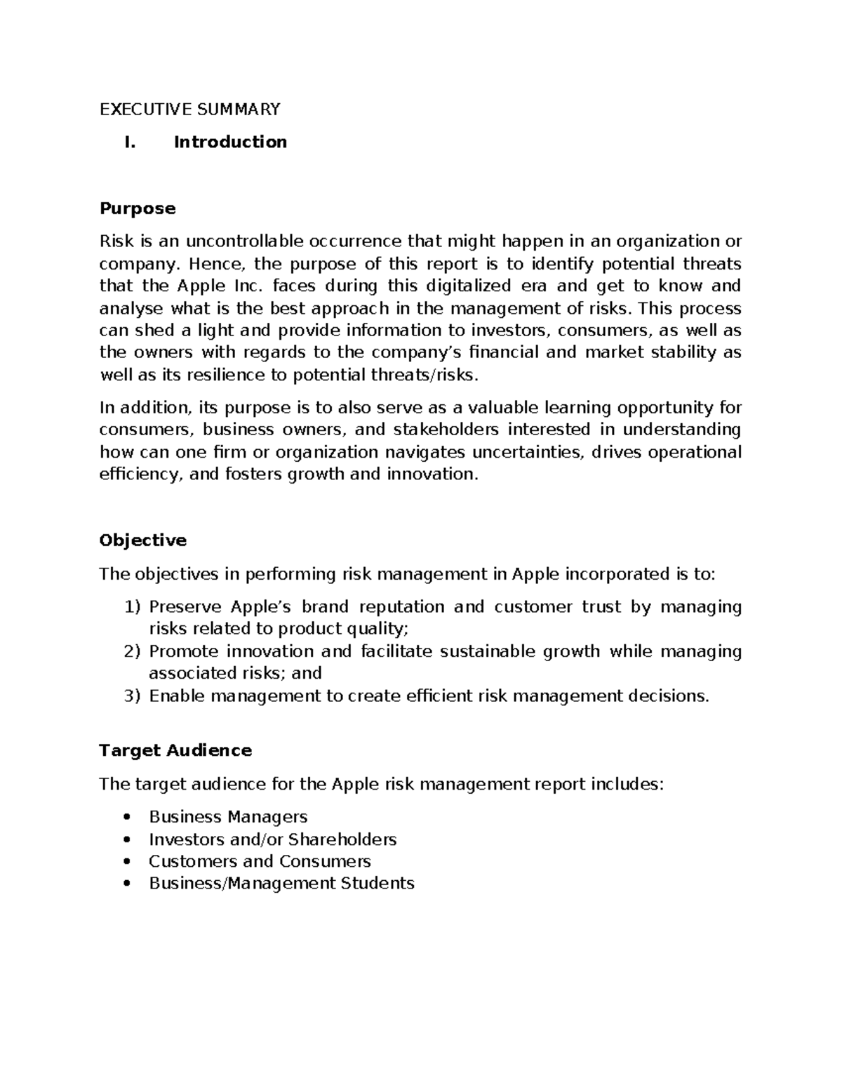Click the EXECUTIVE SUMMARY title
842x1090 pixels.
(189, 109)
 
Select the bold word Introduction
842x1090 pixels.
(230, 142)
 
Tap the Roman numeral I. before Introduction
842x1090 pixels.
(129, 142)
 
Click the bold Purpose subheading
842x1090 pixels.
(138, 208)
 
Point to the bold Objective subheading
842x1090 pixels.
(143, 540)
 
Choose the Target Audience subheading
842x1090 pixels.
(175, 750)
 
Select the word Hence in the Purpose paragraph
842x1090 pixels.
(209, 265)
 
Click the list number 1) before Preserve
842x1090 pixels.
(132, 607)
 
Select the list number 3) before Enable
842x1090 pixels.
(132, 696)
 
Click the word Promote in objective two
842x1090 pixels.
(183, 651)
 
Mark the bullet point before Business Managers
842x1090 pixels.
(127, 818)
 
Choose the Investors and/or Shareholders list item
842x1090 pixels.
(272, 839)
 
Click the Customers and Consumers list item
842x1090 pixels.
(260, 861)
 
